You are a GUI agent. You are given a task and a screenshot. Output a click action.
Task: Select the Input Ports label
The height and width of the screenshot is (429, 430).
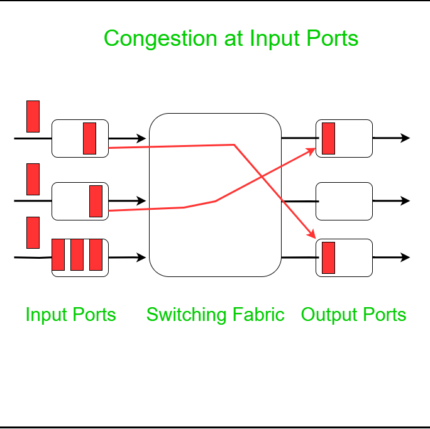tap(70, 315)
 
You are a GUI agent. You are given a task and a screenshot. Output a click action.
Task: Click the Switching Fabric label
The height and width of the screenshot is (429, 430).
tap(215, 315)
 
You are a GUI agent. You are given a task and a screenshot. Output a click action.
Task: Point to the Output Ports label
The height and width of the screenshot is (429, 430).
tap(353, 315)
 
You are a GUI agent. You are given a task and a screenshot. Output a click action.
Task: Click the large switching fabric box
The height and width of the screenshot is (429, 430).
tap(214, 195)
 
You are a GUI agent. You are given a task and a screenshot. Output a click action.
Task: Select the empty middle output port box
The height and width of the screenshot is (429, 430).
tap(344, 201)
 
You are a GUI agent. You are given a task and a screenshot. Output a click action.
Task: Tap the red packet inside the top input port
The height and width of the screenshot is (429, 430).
tap(89, 138)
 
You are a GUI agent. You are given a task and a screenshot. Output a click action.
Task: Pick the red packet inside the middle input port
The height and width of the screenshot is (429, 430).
tap(96, 201)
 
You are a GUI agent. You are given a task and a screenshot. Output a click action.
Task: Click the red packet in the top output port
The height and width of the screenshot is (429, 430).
tap(328, 138)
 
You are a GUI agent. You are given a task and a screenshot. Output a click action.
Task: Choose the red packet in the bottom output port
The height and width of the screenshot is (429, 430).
tap(328, 258)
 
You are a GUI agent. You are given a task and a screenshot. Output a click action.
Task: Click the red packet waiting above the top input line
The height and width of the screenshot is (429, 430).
tap(33, 116)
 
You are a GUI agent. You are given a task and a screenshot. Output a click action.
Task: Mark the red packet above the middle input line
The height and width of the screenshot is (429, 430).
tap(33, 179)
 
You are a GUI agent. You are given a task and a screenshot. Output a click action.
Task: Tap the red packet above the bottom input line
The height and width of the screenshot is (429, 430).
tap(33, 232)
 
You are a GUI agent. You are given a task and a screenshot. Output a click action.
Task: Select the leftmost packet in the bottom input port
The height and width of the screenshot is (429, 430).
tap(58, 254)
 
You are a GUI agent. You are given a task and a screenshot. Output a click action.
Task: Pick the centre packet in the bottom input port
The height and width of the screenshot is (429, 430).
tap(77, 254)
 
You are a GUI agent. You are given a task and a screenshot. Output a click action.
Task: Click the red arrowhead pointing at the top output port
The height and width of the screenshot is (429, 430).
tap(311, 151)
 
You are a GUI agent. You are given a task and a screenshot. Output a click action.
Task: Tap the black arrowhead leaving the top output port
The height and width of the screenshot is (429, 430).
tap(405, 138)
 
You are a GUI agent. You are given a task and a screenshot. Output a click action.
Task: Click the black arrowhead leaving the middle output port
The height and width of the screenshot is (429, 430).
tap(405, 201)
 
